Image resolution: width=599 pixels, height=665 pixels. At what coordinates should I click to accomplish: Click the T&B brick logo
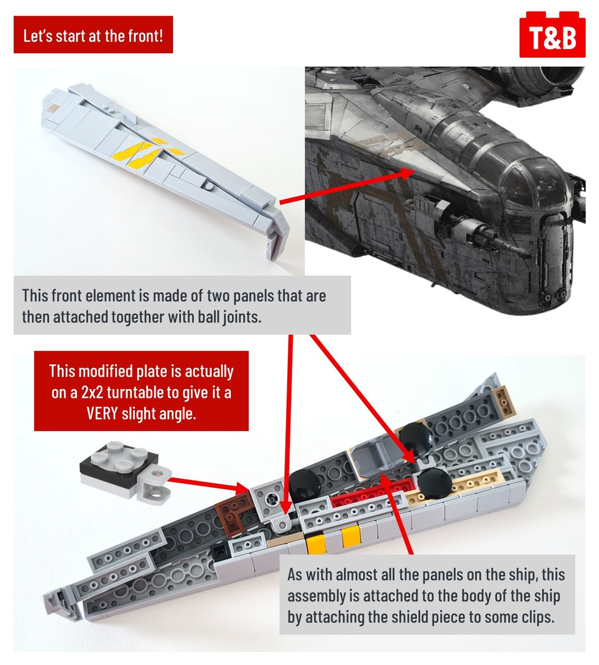coord(552,34)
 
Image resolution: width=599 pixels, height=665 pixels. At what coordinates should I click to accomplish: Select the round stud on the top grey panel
coord(209,186)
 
